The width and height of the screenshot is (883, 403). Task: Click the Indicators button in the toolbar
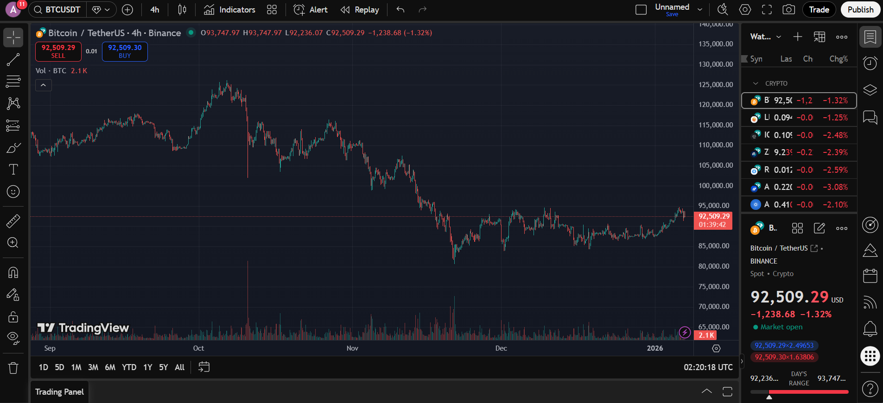[230, 10]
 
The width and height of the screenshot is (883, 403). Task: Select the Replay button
[360, 10]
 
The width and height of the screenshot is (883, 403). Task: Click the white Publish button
[860, 10]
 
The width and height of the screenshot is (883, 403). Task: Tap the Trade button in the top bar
[819, 10]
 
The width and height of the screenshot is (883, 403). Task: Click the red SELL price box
[58, 51]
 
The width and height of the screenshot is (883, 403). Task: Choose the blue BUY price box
[125, 51]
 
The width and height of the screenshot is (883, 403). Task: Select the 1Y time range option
[148, 367]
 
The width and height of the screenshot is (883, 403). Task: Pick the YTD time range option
[129, 367]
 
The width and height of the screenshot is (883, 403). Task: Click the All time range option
[180, 367]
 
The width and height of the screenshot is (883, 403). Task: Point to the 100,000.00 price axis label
[716, 186]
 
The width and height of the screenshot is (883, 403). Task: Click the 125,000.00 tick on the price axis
[716, 85]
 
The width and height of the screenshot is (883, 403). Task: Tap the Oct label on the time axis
[198, 348]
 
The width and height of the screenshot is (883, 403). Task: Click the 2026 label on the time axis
[654, 348]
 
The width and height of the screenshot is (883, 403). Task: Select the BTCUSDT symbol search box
[57, 10]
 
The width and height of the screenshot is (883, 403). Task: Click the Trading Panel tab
[60, 392]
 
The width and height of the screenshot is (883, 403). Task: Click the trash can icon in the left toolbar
[13, 368]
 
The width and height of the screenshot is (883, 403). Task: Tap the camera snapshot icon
[788, 10]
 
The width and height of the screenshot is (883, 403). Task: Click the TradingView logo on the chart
[83, 328]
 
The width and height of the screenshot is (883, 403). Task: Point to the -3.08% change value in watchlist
[835, 187]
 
